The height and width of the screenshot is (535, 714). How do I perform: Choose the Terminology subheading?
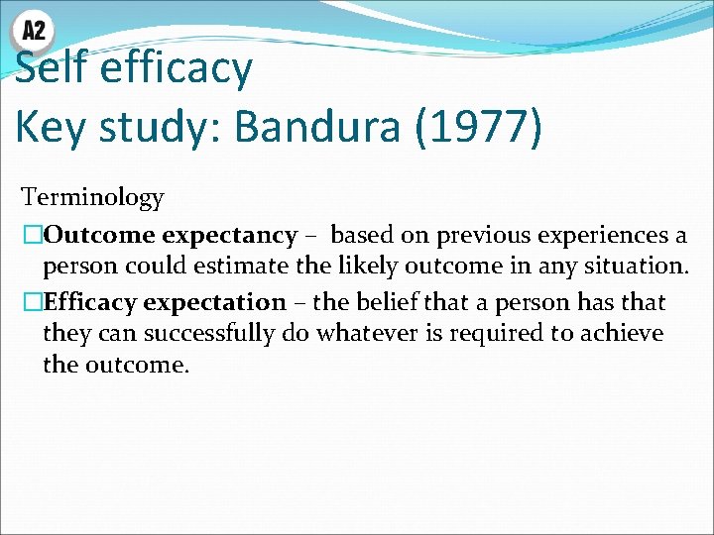[x=92, y=197]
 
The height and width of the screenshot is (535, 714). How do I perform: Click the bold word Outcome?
[x=100, y=236]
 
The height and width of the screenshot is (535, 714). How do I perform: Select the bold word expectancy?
[x=229, y=236]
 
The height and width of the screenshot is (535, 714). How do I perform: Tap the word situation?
[x=639, y=267]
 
